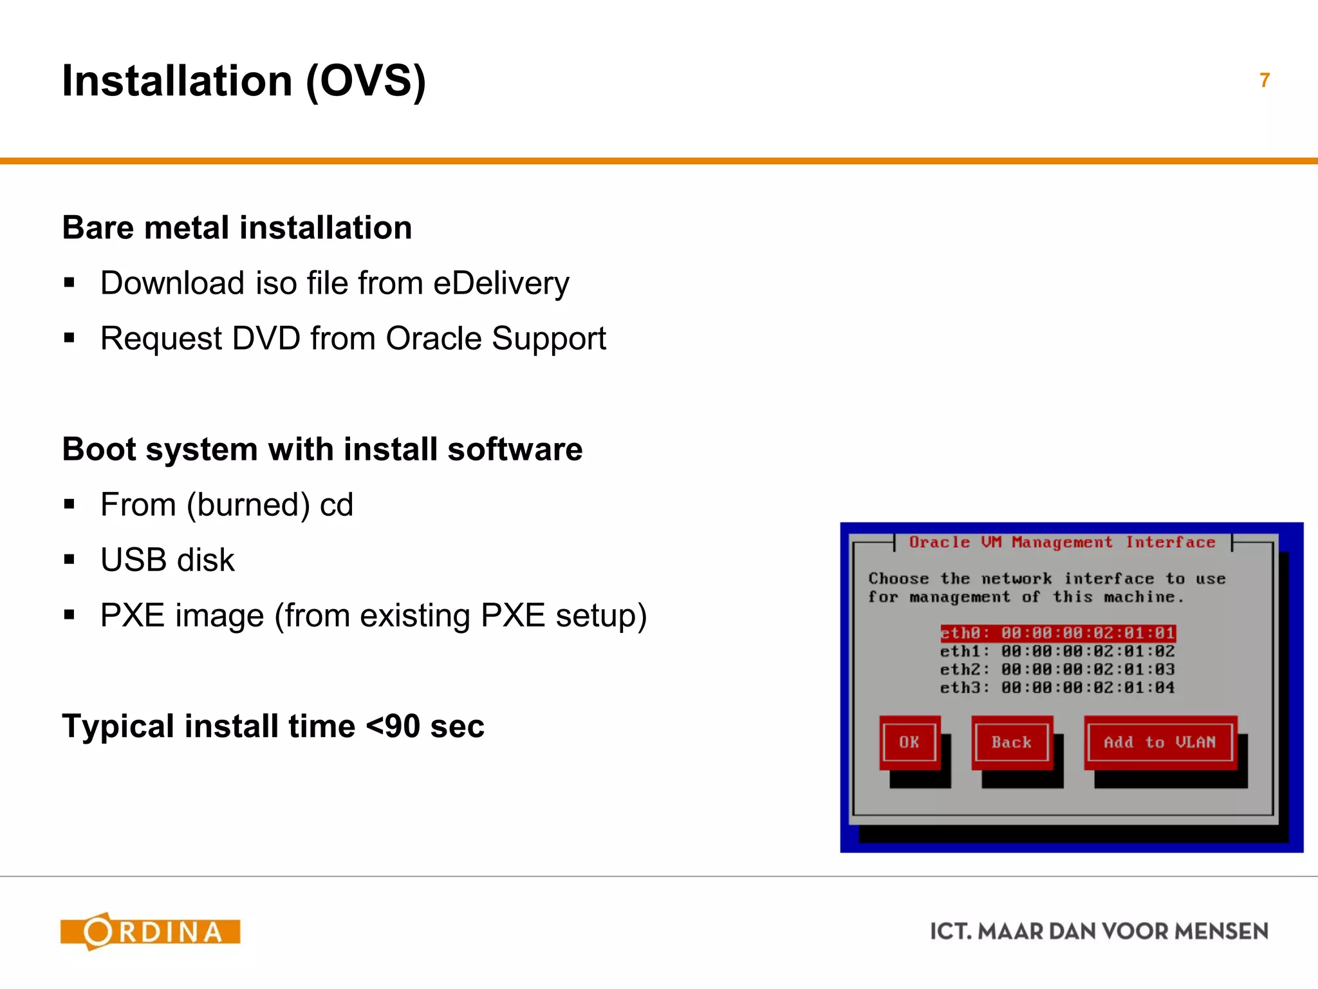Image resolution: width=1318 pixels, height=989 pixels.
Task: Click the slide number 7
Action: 1265,80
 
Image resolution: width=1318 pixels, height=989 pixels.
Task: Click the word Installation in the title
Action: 177,81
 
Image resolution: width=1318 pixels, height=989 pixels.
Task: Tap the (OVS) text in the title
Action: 366,82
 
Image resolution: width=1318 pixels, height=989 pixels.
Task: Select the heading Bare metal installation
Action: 237,228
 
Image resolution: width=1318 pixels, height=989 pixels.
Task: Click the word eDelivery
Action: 501,284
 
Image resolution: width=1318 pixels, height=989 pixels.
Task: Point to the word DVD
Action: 266,339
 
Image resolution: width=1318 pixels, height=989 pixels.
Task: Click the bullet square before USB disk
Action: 70,560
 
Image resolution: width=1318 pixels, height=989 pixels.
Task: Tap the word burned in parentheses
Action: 248,505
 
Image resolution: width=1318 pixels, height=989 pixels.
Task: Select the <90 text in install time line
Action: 393,727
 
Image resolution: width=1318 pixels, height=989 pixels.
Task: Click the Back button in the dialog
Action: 1011,742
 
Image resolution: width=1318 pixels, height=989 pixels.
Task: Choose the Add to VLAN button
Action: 1160,742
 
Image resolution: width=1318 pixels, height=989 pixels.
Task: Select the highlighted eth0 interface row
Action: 1057,634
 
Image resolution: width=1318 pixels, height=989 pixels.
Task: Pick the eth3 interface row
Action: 1057,688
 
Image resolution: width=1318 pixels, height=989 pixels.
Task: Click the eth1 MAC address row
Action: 1088,652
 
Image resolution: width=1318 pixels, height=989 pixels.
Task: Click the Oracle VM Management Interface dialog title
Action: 1062,543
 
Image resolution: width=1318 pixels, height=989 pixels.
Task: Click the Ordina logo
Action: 150,932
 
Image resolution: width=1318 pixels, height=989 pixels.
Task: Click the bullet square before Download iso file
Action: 70,283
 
